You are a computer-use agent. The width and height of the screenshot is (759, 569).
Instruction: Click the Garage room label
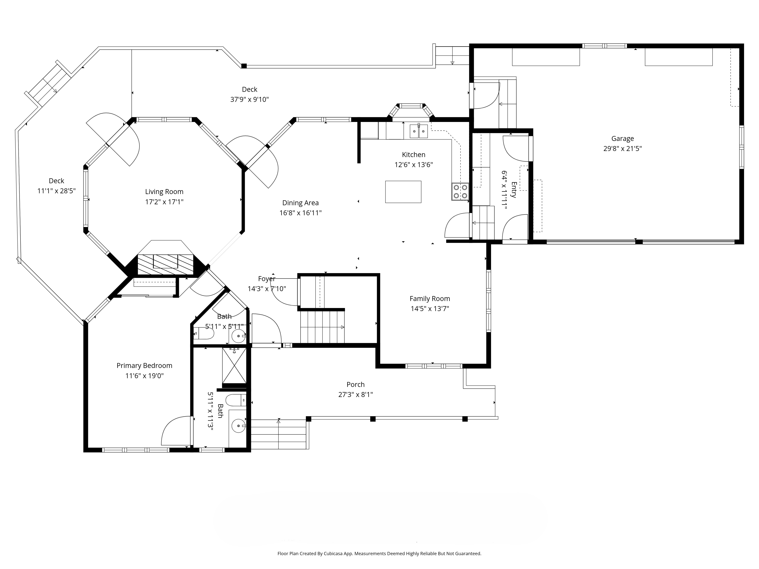[622, 139]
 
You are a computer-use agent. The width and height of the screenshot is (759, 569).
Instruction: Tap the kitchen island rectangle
[403, 192]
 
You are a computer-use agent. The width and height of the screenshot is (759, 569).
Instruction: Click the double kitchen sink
[419, 131]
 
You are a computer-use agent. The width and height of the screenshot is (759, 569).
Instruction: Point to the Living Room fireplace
[165, 264]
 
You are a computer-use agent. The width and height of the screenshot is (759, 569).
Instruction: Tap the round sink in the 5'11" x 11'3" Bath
[239, 426]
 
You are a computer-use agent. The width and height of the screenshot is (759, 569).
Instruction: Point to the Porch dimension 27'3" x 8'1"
[355, 394]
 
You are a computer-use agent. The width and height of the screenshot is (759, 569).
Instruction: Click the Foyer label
[267, 279]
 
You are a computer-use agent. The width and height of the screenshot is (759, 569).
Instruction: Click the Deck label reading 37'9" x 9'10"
[249, 99]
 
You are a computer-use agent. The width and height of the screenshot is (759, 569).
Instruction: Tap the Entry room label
[514, 190]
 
